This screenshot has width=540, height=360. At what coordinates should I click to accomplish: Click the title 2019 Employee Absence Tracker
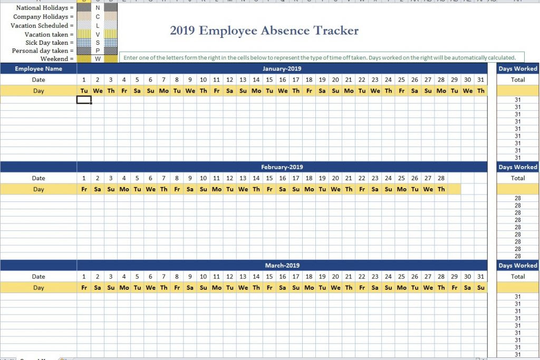click(x=264, y=31)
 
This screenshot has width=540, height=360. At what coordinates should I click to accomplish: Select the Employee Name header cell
click(x=38, y=69)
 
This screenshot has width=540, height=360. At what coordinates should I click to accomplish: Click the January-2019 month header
click(x=282, y=69)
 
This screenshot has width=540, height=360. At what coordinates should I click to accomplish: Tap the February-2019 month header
click(x=282, y=167)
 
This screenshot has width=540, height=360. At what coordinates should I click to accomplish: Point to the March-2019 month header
click(x=282, y=266)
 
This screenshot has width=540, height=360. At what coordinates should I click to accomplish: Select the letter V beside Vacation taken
click(x=98, y=34)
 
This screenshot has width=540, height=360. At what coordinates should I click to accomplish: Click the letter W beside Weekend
click(x=98, y=59)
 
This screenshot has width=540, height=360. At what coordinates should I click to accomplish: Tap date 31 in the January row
click(x=480, y=80)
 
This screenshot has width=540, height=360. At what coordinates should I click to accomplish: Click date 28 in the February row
click(x=441, y=178)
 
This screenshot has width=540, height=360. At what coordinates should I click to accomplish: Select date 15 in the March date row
click(x=269, y=277)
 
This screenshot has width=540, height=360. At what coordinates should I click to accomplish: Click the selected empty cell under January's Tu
click(x=84, y=100)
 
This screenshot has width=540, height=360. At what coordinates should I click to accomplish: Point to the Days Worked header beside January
click(x=518, y=69)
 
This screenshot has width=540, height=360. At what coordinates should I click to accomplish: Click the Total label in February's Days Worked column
click(x=518, y=178)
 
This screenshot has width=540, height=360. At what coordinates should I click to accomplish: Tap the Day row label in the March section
click(x=38, y=288)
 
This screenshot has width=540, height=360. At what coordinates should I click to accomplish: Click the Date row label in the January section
click(x=38, y=80)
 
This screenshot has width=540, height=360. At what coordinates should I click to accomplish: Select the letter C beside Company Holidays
click(x=98, y=17)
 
